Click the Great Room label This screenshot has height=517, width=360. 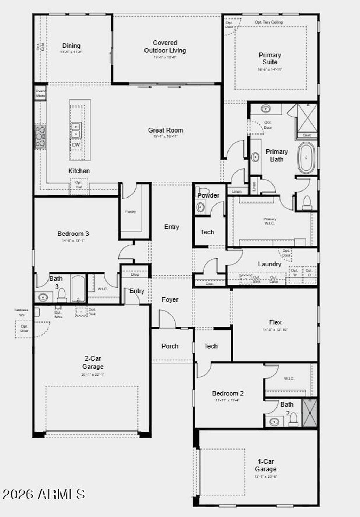[165, 130]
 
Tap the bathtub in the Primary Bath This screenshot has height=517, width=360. [307, 158]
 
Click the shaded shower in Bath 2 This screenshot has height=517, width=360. [310, 413]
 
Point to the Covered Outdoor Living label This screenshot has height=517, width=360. [165, 46]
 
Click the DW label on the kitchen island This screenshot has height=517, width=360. [76, 145]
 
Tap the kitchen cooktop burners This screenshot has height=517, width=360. [40, 136]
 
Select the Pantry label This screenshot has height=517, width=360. [130, 212]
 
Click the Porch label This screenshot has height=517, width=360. [170, 346]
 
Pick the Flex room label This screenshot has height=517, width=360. [275, 322]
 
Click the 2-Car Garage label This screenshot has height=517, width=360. [93, 362]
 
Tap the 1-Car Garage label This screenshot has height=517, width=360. [266, 465]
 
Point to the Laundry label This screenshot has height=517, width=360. [270, 264]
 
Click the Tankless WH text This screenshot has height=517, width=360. [21, 312]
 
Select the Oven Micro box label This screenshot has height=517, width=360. [40, 93]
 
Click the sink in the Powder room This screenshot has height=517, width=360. [200, 207]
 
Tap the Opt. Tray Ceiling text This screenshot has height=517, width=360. [269, 22]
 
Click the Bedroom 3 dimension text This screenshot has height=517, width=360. [73, 241]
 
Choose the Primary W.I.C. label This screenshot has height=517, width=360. [270, 221]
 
